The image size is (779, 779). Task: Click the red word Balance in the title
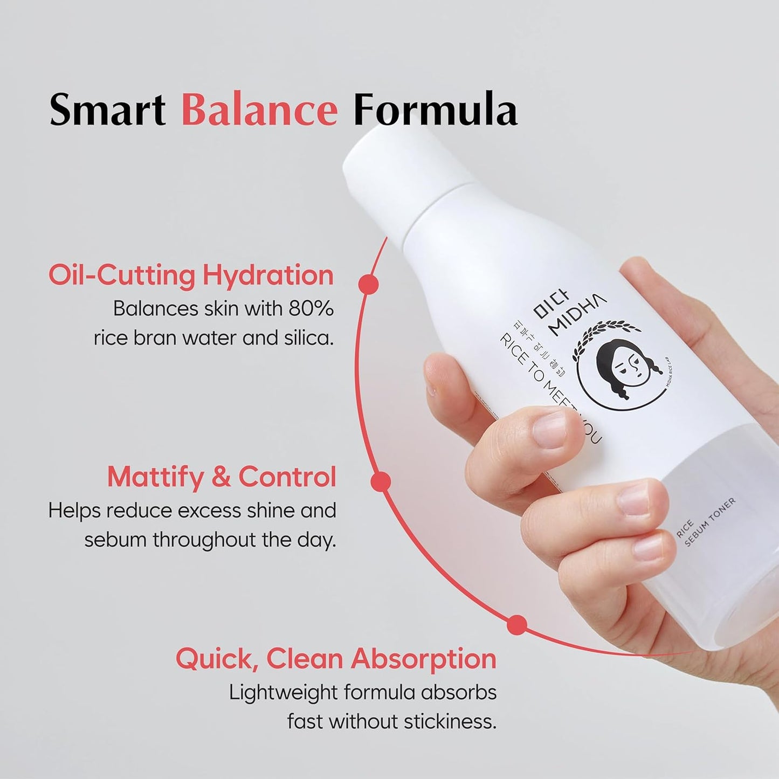[x=259, y=110]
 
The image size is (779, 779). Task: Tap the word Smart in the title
[x=107, y=110]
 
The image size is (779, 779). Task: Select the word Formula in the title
[x=435, y=110]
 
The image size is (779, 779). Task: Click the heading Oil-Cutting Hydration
[x=191, y=275]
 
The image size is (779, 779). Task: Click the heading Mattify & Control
[x=222, y=477]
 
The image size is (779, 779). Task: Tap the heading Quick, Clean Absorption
[x=336, y=659]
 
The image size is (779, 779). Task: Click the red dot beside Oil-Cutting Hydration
[x=368, y=284]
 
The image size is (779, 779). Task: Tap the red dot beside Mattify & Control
[x=381, y=481]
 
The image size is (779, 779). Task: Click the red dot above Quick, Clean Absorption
[x=516, y=625]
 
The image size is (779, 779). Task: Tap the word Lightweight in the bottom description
[x=284, y=692]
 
